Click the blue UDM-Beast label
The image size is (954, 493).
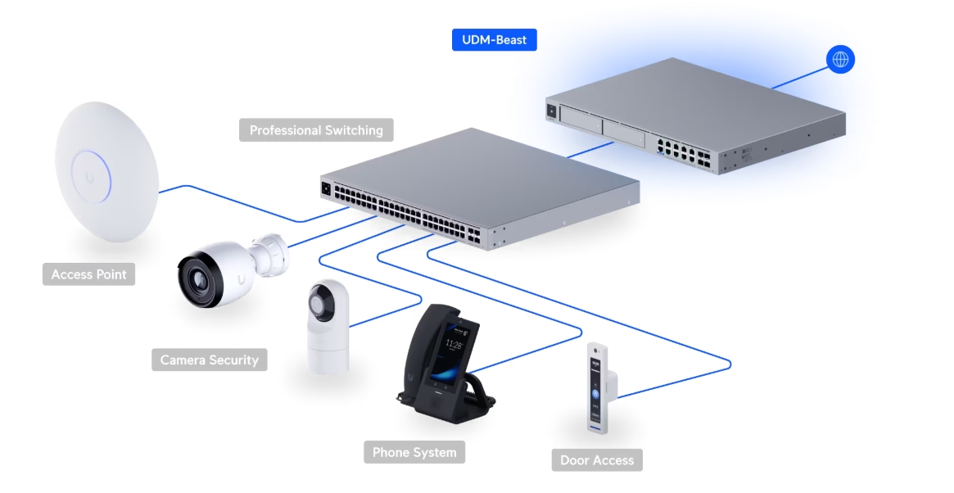tap(494, 39)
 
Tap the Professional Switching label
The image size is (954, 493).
tap(316, 130)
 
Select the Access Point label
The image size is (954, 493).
tap(89, 274)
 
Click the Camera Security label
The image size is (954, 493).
tap(209, 360)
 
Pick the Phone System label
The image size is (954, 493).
tap(414, 452)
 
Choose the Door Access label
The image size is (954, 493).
tap(597, 460)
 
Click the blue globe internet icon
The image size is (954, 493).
tap(840, 59)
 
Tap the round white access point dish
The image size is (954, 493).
tap(106, 172)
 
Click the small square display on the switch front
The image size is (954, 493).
tap(326, 188)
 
